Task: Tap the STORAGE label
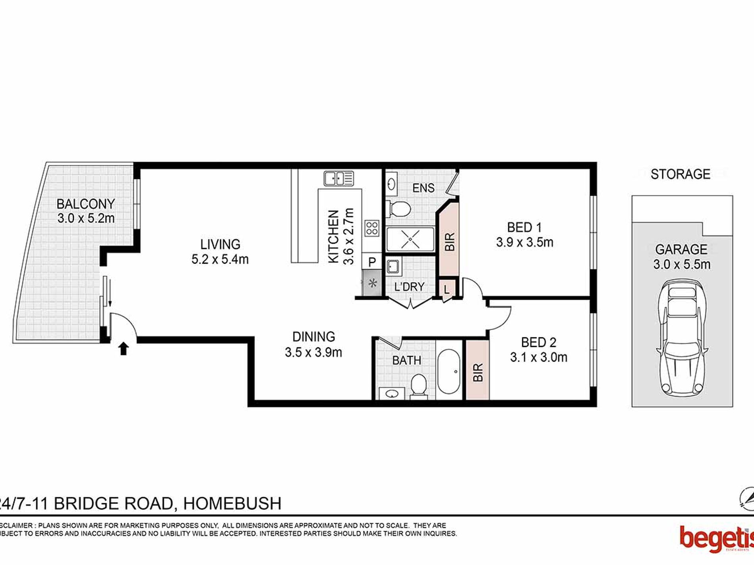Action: pos(680,174)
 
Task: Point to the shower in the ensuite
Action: pos(410,239)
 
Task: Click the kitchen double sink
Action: pos(339,178)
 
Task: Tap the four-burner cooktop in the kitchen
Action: pos(372,228)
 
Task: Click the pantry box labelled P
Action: pos(372,262)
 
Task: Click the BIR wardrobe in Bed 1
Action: pos(449,241)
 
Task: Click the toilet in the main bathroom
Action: pos(418,385)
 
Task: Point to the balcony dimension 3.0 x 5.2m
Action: pos(86,218)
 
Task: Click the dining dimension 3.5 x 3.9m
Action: pos(313,352)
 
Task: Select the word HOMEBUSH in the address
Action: pos(232,504)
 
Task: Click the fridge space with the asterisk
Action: pos(372,283)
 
